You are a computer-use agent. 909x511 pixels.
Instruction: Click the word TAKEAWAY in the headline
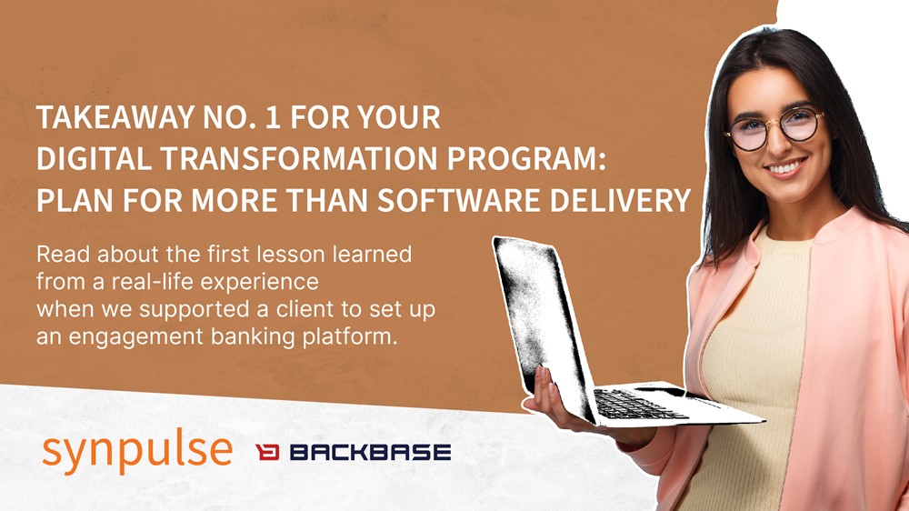coord(115,117)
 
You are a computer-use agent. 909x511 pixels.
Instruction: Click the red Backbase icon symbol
coord(267,452)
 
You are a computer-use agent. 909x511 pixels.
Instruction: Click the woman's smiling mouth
coord(785,168)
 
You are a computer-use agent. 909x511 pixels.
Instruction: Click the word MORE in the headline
coord(235,200)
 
